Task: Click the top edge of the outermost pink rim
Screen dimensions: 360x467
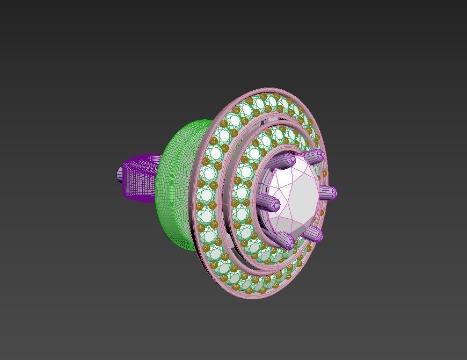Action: pos(268,90)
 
